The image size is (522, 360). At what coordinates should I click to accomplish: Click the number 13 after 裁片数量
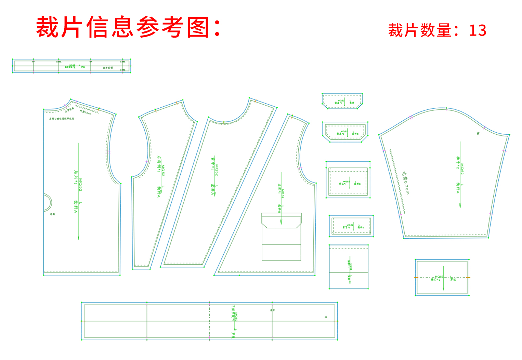478,31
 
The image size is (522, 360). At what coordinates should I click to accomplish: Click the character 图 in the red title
198,27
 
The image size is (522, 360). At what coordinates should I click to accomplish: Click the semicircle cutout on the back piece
48,202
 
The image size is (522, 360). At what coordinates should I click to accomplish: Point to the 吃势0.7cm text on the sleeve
405,183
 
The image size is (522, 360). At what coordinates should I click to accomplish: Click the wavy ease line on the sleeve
397,181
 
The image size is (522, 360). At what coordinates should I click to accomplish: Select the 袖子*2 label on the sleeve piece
457,163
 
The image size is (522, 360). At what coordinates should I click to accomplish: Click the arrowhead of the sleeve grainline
460,205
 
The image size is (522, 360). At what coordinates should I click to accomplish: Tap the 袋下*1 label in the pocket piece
346,227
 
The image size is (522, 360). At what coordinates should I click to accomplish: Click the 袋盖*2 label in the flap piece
340,133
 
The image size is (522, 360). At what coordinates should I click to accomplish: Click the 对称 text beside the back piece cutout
52,214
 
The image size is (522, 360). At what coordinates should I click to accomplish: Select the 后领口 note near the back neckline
62,118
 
